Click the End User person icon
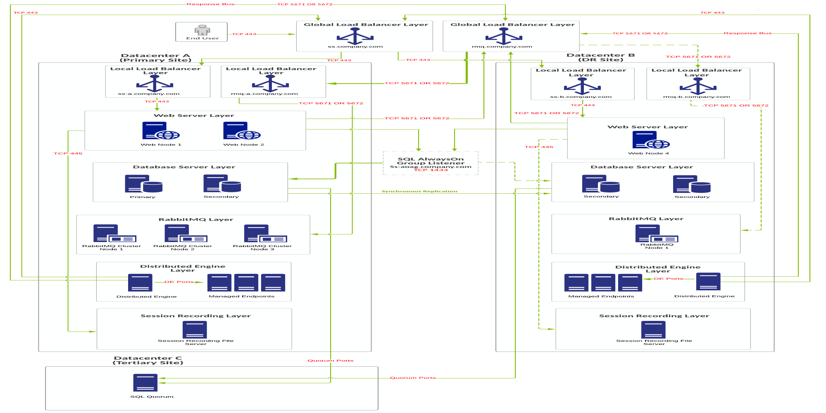(202, 30)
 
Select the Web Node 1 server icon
(161, 131)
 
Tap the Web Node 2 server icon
(242, 131)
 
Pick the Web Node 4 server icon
(651, 140)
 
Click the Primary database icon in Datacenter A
(143, 184)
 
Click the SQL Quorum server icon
(145, 382)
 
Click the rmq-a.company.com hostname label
(264, 94)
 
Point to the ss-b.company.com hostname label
(581, 97)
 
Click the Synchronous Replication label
(419, 191)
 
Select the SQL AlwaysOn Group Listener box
(431, 163)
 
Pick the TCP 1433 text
(431, 170)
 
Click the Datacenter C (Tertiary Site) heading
(148, 361)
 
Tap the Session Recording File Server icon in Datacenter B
(653, 330)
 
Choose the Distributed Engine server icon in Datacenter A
(140, 283)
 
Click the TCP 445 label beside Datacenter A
(68, 153)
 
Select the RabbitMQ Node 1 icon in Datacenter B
(657, 233)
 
